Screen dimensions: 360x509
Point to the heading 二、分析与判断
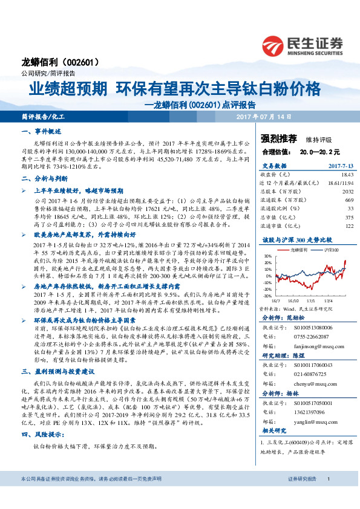(42, 178)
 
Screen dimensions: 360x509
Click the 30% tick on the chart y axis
(267, 256)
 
